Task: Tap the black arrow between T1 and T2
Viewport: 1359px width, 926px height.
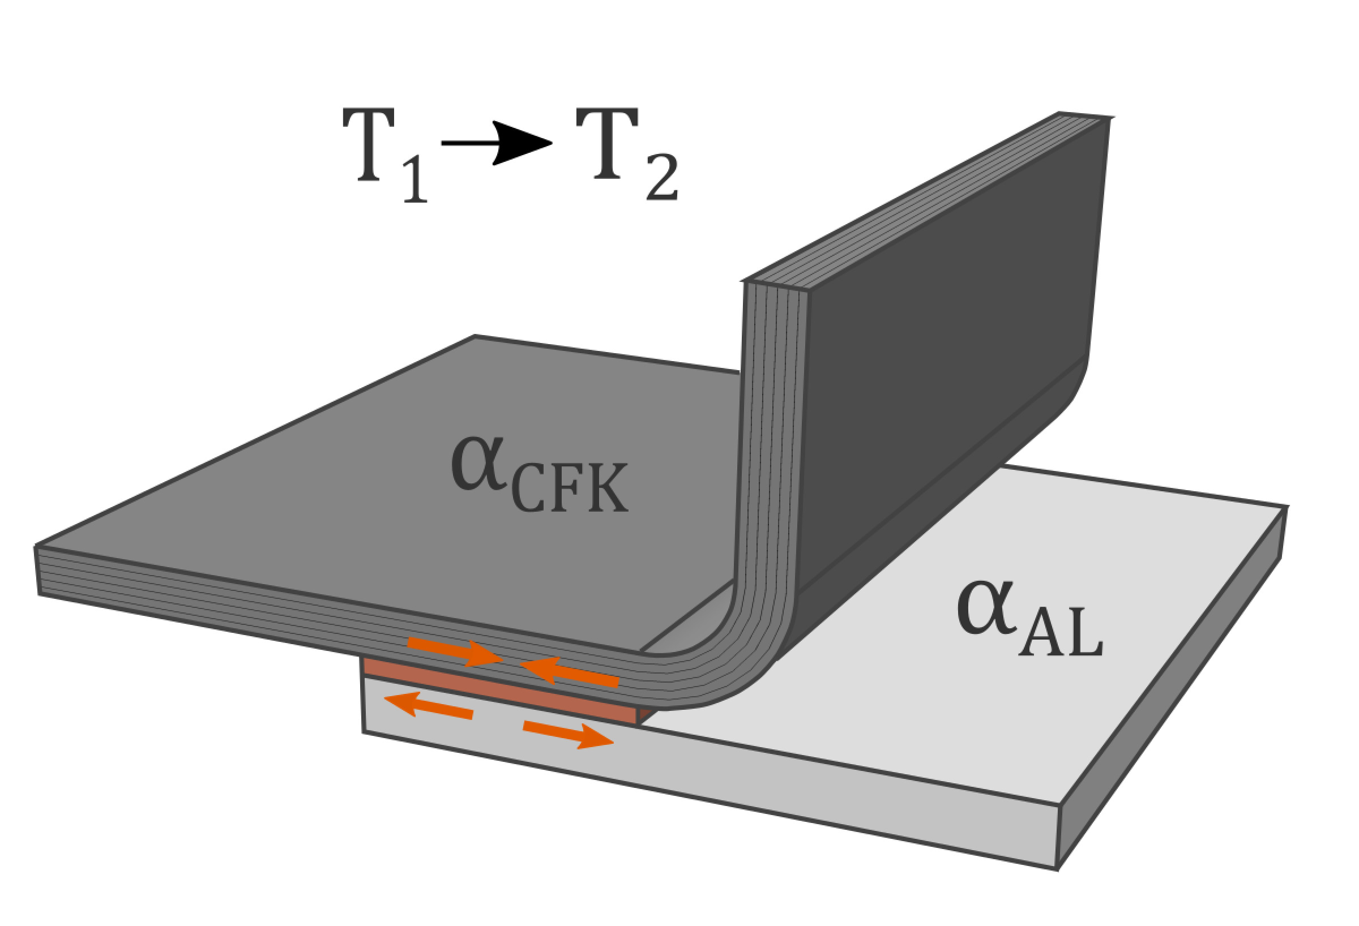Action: click(x=497, y=143)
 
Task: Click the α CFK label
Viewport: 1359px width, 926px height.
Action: click(x=538, y=479)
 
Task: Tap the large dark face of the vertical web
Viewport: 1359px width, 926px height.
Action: click(x=947, y=351)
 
